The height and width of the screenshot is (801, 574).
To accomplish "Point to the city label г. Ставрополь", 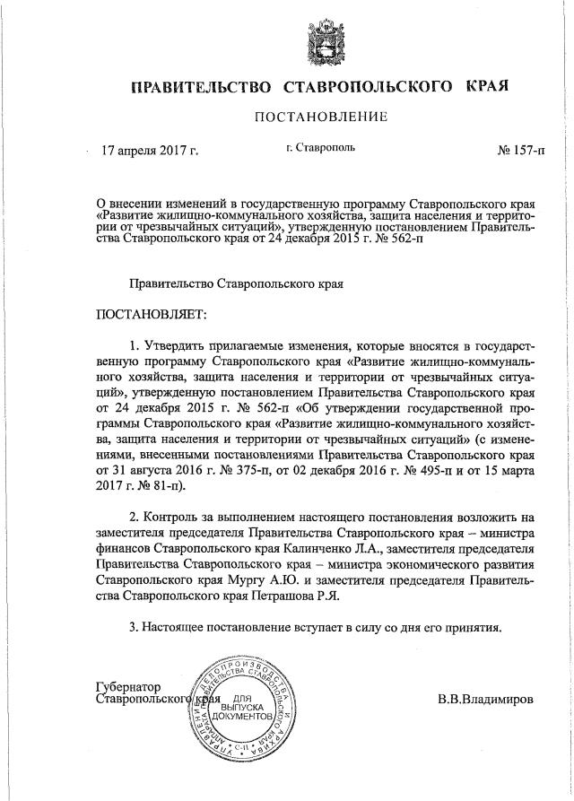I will coord(316,145).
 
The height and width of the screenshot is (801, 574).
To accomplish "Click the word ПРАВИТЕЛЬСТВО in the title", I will coord(202,87).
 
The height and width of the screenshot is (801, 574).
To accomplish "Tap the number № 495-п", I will coord(415,471).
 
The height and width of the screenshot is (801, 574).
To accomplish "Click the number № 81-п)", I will coord(162,487).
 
